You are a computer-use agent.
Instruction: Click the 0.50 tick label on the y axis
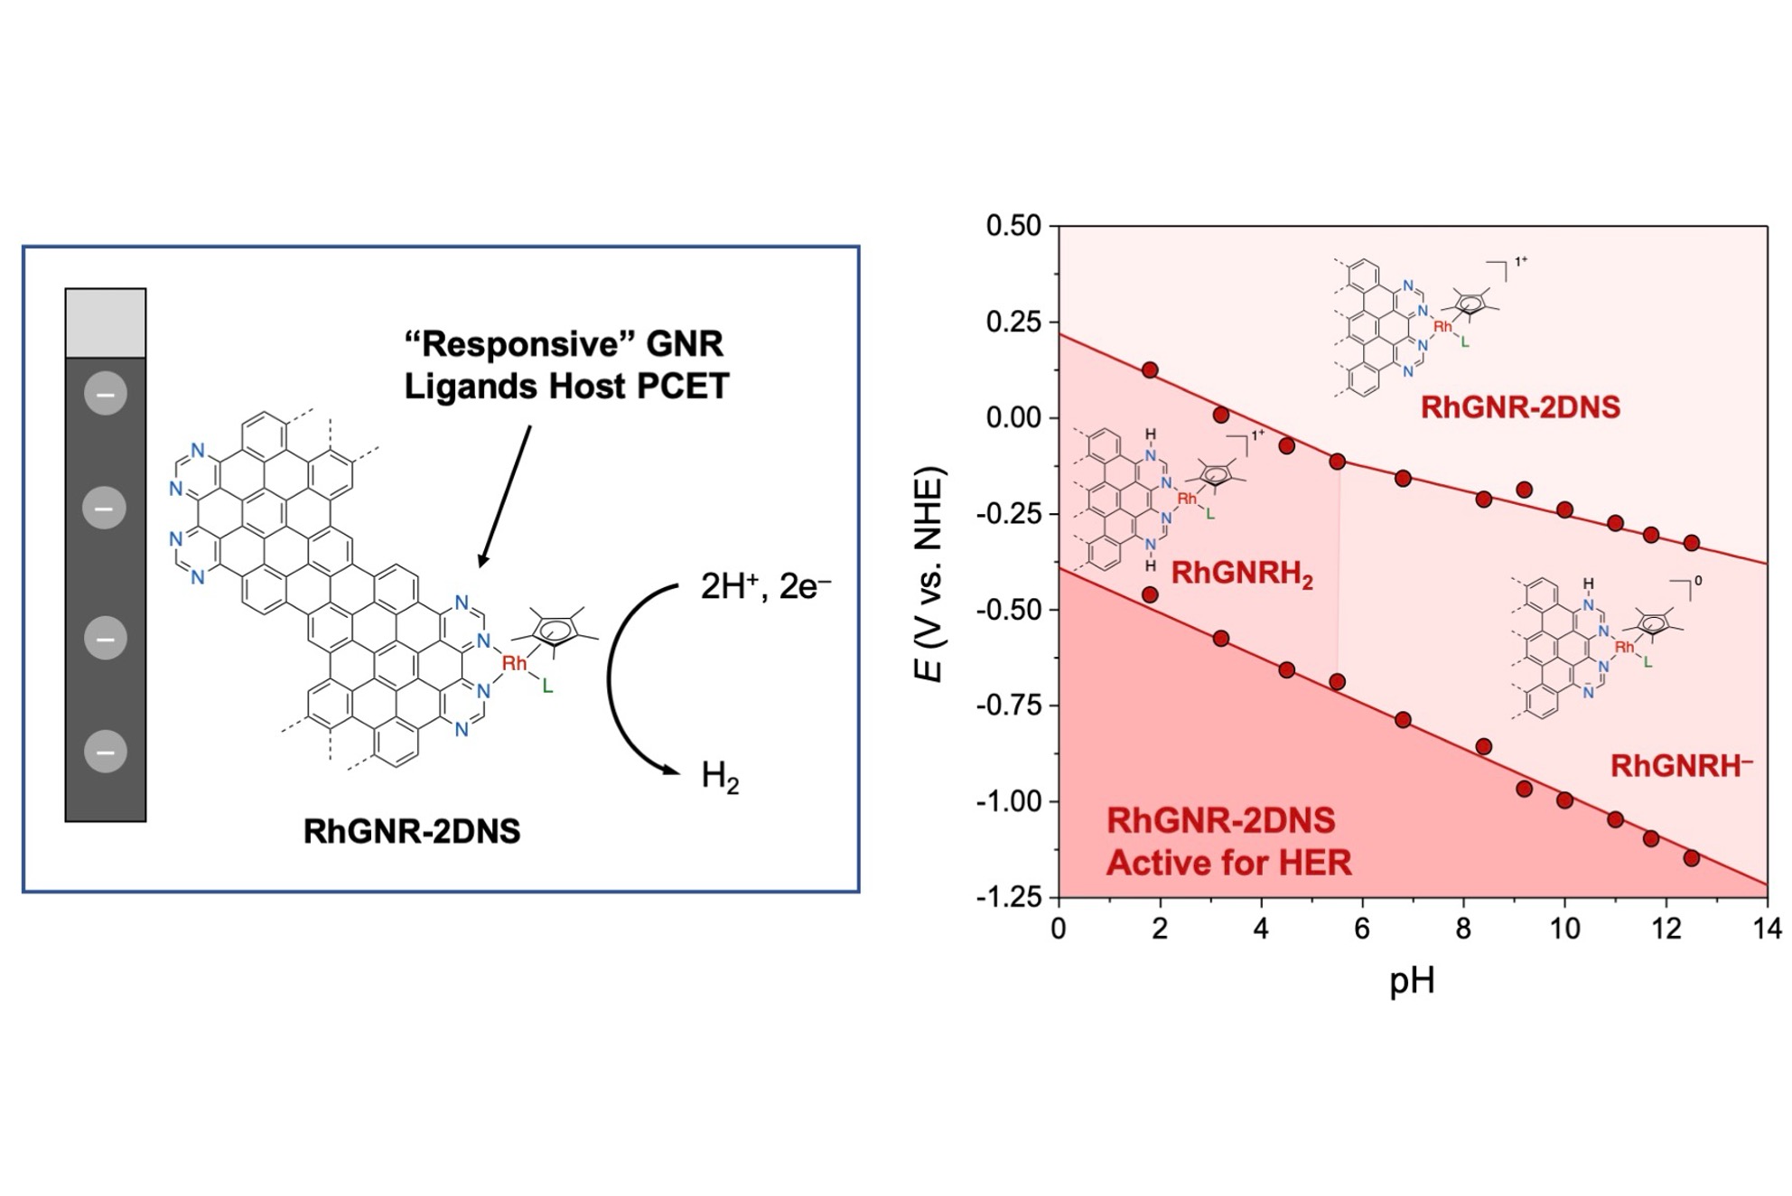1013,226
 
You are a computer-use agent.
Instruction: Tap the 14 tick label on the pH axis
1767,929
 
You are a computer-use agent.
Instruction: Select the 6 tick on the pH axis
1362,929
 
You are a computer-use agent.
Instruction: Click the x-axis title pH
1412,980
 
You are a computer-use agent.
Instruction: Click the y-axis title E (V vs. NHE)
932,575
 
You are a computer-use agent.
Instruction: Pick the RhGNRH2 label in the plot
1242,574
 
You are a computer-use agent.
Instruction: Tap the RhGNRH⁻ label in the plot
1681,766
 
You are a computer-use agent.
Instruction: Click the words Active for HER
1229,863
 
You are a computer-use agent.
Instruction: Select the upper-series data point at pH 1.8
1150,370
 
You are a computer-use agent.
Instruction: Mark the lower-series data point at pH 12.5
1692,858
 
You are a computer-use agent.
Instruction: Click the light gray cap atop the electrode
106,323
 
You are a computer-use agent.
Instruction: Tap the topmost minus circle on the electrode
106,395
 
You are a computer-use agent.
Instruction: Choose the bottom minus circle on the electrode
106,752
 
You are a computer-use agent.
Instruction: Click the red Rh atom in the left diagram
515,664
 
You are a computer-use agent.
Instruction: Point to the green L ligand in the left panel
547,687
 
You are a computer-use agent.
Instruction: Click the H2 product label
720,777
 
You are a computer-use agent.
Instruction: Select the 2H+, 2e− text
765,587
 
